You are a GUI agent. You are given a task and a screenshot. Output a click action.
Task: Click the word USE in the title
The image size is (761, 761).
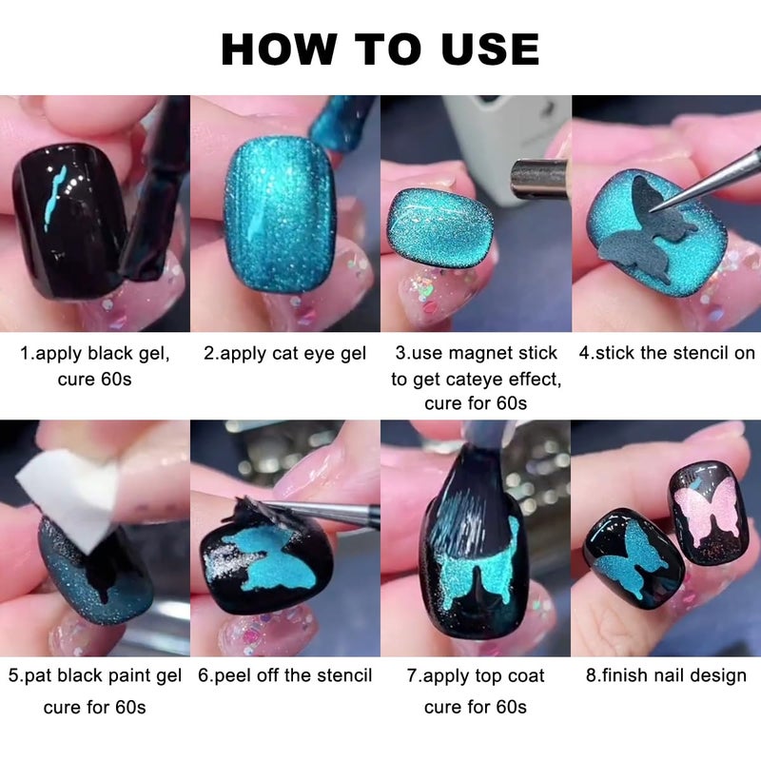coord(490,49)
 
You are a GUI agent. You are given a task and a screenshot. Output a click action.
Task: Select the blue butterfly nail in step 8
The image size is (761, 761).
coord(634,559)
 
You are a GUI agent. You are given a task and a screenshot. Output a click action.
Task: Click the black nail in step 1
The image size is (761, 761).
coord(68,220)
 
